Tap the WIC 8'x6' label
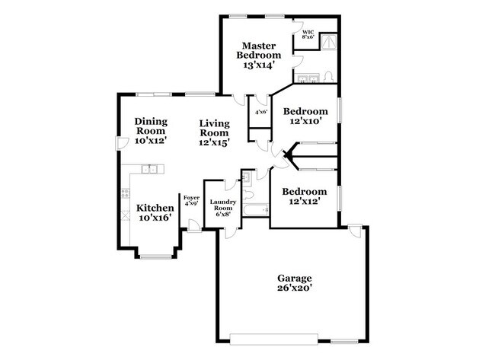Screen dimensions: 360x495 point(308,34)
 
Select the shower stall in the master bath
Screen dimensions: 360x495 point(328,41)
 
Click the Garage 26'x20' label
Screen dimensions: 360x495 point(295,283)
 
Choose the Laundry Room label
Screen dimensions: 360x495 point(222,208)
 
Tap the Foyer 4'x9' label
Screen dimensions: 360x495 point(191,200)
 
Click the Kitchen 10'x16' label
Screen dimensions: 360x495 point(154,212)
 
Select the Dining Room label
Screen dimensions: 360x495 point(151,130)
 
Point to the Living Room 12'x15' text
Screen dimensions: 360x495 point(215,132)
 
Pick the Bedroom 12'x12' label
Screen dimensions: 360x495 point(305,196)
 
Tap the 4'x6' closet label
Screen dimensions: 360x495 point(260,113)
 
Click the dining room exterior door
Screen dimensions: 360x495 point(118,143)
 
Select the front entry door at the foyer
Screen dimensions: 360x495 point(195,226)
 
